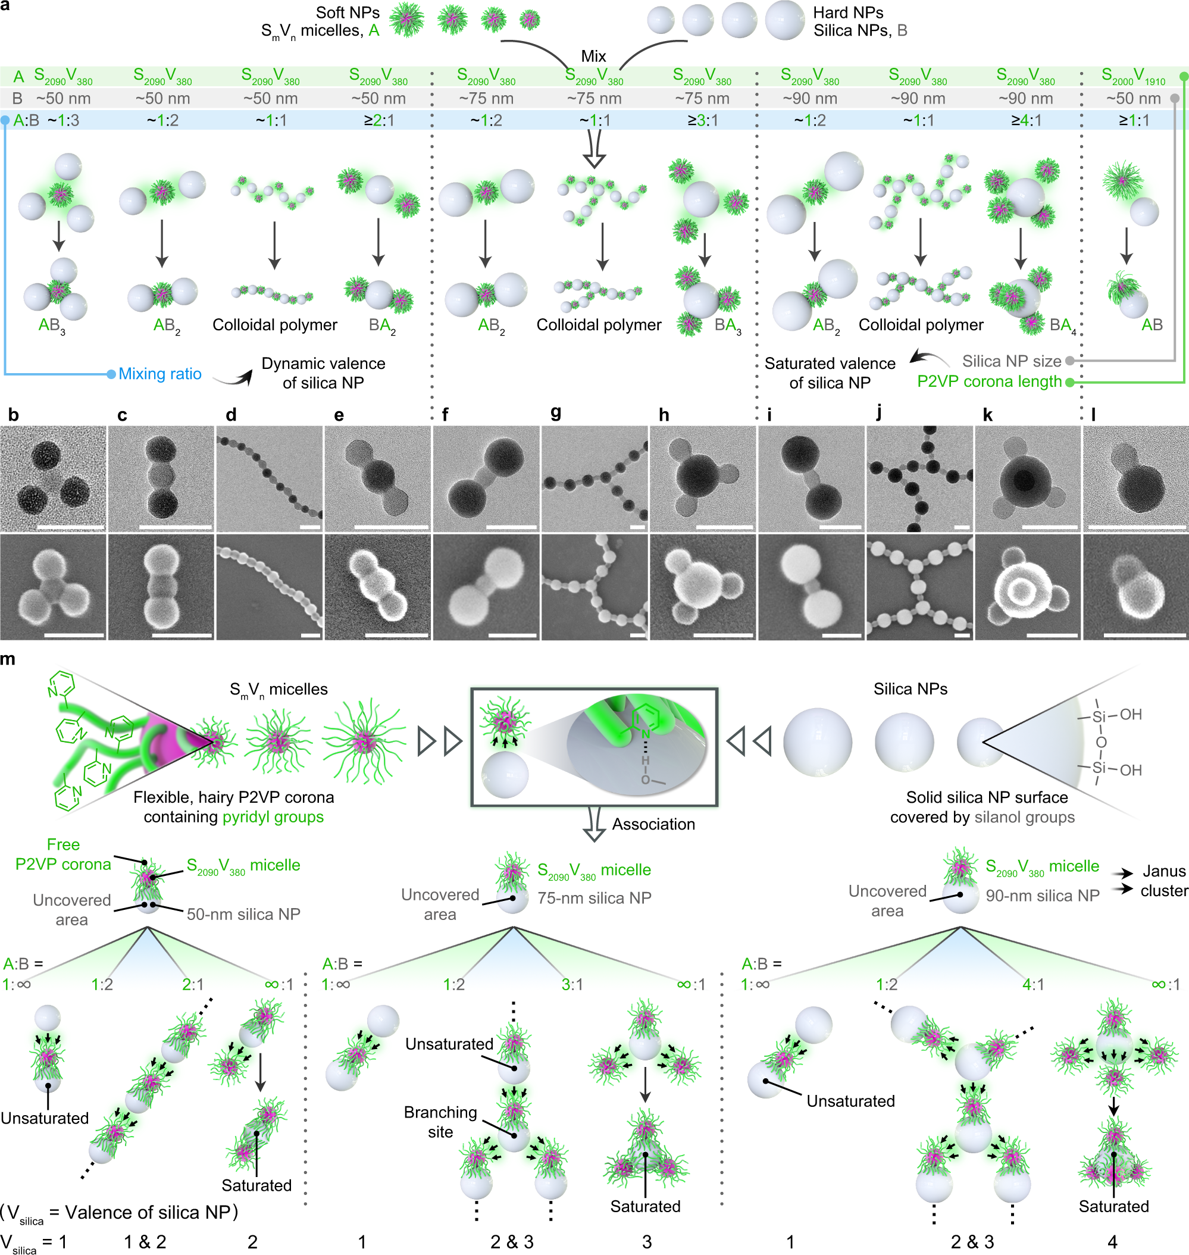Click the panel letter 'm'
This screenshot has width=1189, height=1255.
(x=8, y=659)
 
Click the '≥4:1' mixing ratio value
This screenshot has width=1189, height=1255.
(x=1025, y=120)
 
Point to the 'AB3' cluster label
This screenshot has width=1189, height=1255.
(x=52, y=326)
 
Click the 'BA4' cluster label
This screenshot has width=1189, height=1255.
(x=1062, y=326)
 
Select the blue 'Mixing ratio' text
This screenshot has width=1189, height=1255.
(x=159, y=374)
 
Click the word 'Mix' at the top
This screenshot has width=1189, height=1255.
(x=593, y=56)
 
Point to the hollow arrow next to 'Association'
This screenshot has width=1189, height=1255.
(x=594, y=824)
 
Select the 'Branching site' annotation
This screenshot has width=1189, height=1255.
(x=440, y=1121)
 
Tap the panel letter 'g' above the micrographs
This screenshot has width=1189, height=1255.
(x=556, y=412)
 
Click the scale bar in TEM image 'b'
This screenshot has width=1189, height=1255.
(x=70, y=527)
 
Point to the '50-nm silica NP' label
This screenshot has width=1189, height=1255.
(x=243, y=913)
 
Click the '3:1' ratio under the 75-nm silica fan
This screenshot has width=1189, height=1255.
(x=572, y=984)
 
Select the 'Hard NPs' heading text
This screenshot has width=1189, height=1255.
(x=847, y=12)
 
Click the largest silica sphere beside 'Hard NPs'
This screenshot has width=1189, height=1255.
(x=785, y=20)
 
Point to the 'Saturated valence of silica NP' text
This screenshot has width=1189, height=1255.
(x=830, y=373)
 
